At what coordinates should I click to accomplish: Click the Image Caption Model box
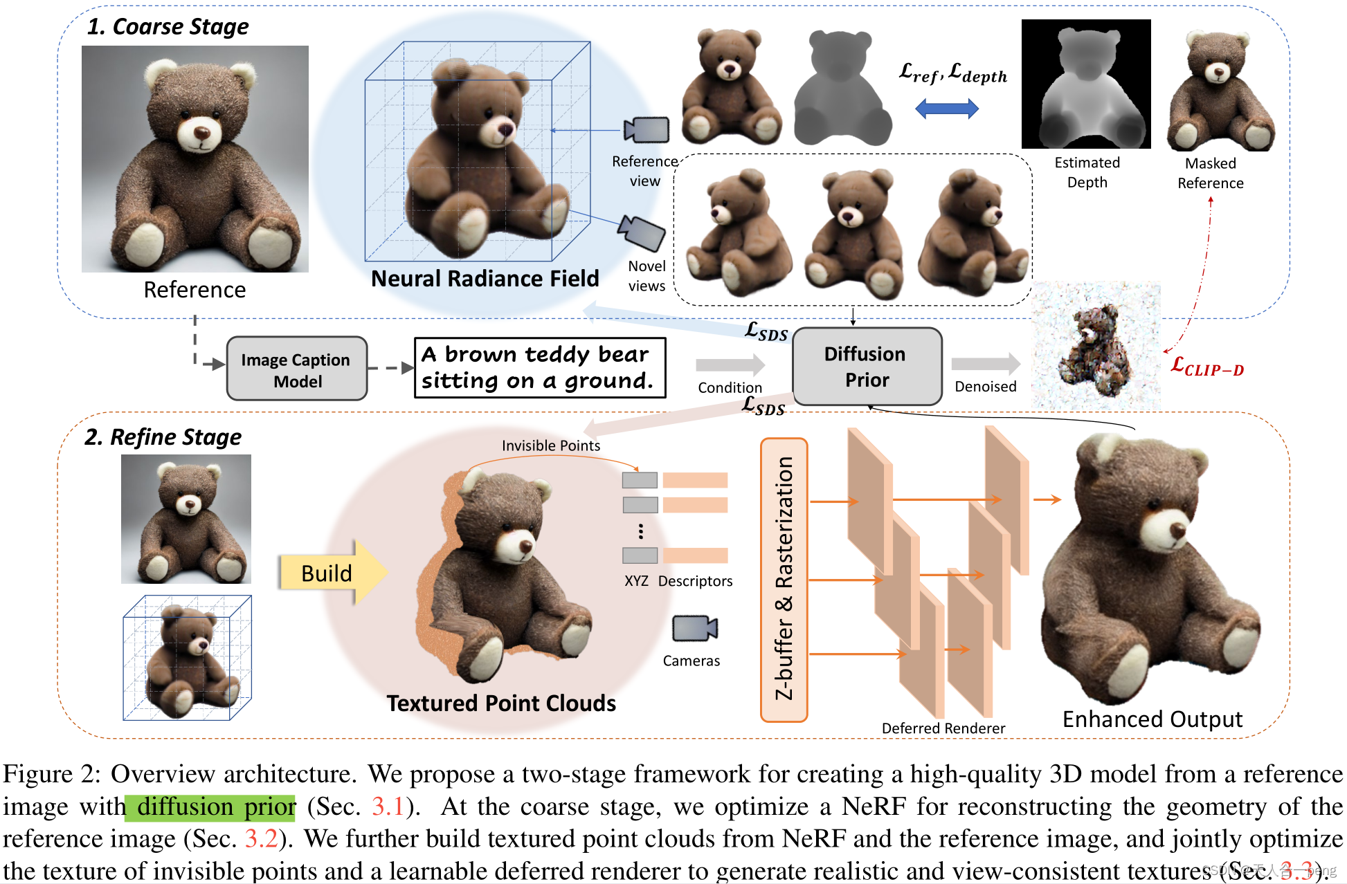point(297,369)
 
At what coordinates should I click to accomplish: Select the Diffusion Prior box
point(867,367)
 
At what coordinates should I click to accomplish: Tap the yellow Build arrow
point(332,573)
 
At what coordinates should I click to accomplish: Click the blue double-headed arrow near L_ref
point(946,108)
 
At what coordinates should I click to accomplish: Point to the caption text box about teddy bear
point(539,367)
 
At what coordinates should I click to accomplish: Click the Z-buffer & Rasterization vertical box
point(784,580)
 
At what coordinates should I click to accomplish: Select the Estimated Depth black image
point(1086,84)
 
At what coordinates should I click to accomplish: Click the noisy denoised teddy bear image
point(1096,346)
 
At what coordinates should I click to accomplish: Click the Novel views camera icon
point(642,232)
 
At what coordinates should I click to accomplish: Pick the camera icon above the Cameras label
point(695,628)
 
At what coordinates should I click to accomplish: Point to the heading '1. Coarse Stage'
point(168,26)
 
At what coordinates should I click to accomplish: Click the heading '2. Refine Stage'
point(163,437)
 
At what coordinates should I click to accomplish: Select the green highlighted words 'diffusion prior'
point(210,807)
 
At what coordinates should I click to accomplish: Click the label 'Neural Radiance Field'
point(485,279)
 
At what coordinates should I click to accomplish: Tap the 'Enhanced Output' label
point(1152,719)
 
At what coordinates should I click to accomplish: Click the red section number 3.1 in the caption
point(388,807)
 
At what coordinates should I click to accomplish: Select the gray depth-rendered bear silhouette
point(842,90)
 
